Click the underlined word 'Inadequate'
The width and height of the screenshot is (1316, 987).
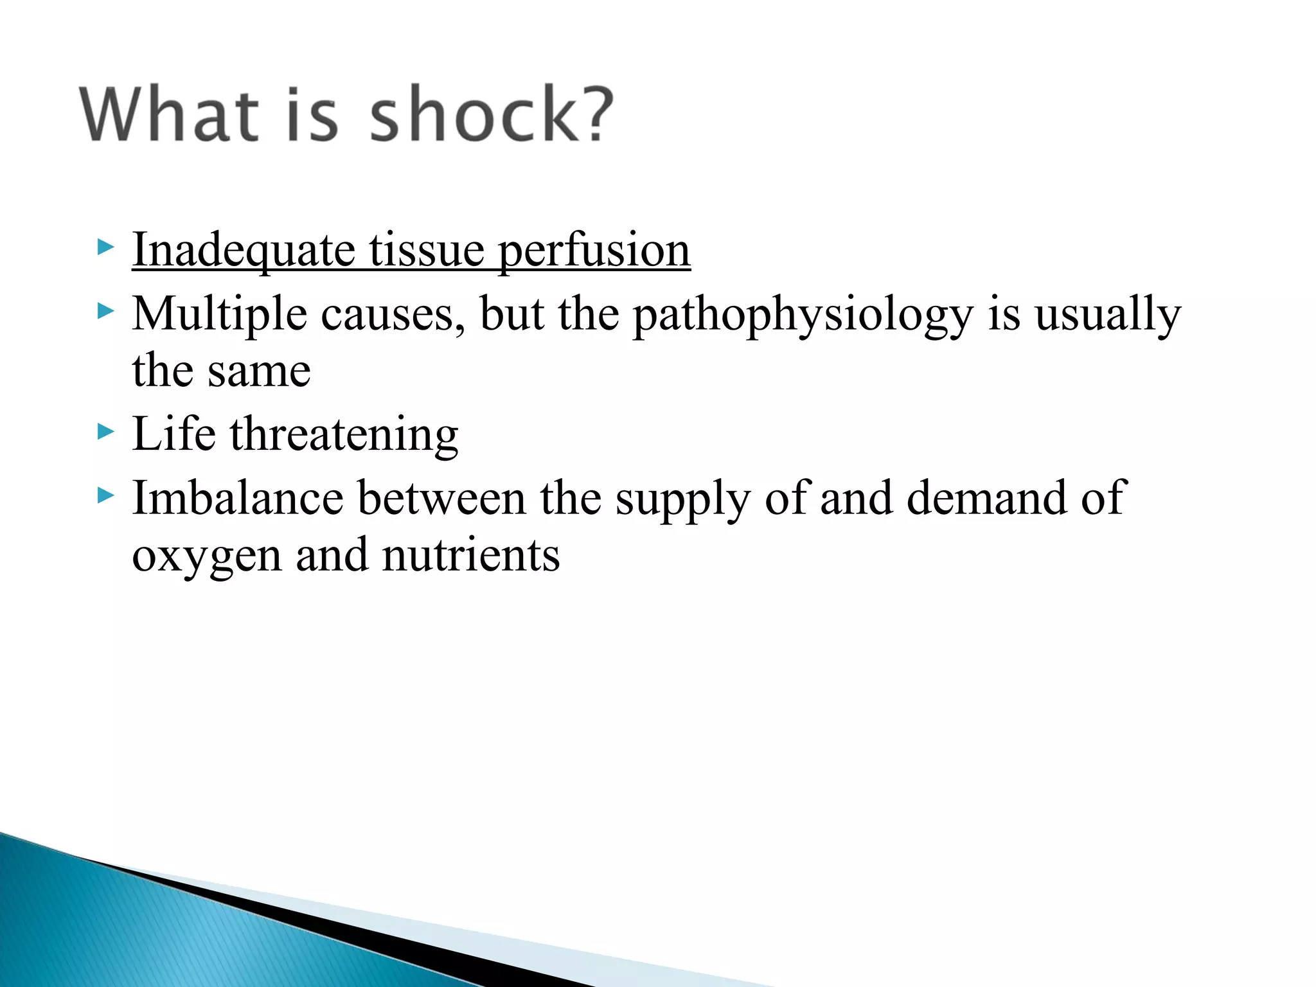[244, 250]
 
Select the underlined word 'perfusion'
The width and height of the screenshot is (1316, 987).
[594, 250]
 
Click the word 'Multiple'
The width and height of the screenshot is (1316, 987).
[219, 314]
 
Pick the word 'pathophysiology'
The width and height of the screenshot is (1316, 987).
[803, 314]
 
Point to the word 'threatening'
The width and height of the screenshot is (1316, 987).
[344, 435]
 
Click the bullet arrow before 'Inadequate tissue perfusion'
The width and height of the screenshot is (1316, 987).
[105, 247]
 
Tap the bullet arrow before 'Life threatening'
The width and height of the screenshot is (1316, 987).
[105, 431]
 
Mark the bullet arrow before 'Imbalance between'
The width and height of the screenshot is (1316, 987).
[105, 495]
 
